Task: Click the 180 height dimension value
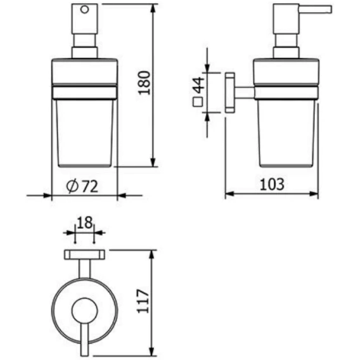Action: pyautogui.click(x=144, y=82)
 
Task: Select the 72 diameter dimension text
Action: pyautogui.click(x=90, y=186)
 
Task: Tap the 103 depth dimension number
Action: pyautogui.click(x=272, y=184)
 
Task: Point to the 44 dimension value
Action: pyautogui.click(x=198, y=85)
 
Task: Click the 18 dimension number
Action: pyautogui.click(x=84, y=222)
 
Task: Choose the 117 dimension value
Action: pyautogui.click(x=143, y=301)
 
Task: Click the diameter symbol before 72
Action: pyautogui.click(x=72, y=186)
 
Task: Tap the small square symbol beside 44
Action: pyautogui.click(x=198, y=101)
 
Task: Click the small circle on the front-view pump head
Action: pyautogui.click(x=84, y=10)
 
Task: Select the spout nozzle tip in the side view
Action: pyautogui.click(x=331, y=10)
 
